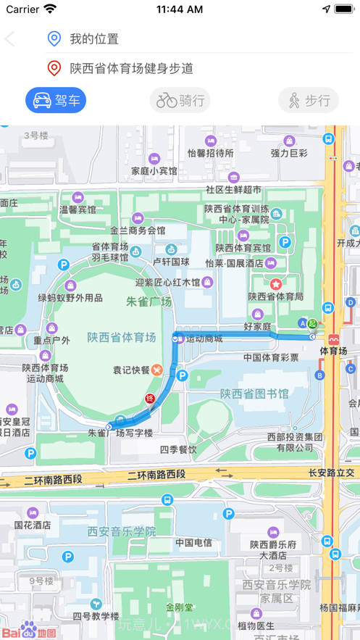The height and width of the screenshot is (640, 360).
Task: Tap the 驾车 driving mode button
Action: tap(56, 100)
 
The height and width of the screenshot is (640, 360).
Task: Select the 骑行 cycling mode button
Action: tap(180, 101)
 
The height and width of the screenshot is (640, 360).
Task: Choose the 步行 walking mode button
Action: tap(308, 101)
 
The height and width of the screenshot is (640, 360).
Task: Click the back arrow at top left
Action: tap(10, 39)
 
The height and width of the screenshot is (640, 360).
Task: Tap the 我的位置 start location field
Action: tap(94, 39)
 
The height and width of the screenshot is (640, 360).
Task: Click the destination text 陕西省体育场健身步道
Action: tap(131, 69)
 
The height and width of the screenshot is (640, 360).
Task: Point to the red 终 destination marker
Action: tap(151, 399)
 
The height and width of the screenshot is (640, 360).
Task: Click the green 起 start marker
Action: tap(312, 323)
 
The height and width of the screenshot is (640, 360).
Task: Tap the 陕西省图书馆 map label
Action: tap(254, 394)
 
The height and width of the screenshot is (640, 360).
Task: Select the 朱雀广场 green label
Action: tap(149, 302)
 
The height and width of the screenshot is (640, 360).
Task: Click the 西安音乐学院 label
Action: tap(122, 531)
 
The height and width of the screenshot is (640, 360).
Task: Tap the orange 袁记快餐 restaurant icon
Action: tap(157, 369)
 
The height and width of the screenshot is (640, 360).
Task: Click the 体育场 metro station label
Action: tap(333, 352)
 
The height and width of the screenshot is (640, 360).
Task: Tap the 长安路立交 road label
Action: tap(334, 473)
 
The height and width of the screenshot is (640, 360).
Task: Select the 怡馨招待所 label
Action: tap(211, 153)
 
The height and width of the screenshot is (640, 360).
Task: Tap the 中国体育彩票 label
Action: tap(271, 357)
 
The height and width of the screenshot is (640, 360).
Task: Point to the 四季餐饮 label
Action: tap(178, 449)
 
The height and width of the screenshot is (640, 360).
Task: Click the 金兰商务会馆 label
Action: tap(138, 230)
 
